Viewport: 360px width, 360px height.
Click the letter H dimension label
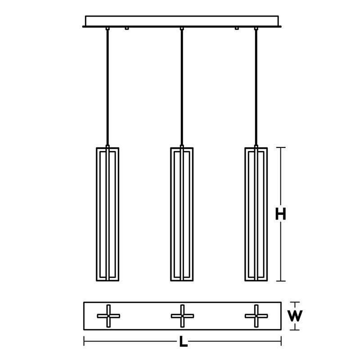click(x=281, y=214)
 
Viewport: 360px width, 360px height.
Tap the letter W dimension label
click(x=295, y=316)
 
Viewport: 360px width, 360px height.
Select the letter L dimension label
click(x=183, y=341)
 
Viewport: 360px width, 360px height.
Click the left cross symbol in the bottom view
click(x=108, y=316)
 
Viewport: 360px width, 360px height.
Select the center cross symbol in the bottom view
click(x=182, y=316)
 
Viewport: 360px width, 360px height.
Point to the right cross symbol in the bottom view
click(x=256, y=316)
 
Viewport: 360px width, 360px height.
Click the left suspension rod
click(x=108, y=87)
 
